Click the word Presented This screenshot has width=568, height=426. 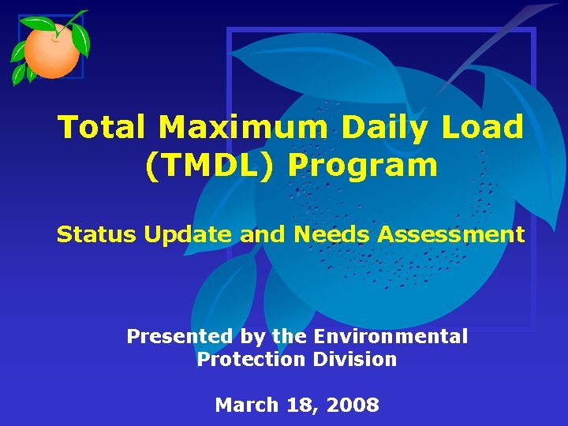tap(180, 337)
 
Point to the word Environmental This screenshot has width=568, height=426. tap(390, 337)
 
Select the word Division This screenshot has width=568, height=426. tap(354, 360)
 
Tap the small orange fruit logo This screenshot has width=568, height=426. tap(50, 49)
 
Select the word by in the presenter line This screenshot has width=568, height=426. tap(252, 337)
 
